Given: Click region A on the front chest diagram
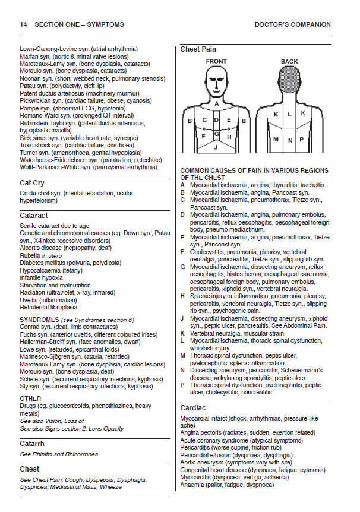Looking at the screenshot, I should (216, 103).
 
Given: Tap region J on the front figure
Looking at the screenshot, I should (216, 146).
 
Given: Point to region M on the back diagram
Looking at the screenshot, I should (276, 140).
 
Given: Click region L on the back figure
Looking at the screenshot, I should (289, 113).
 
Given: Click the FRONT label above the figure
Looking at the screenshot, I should (216, 61).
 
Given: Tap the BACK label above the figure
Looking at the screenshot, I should (289, 61).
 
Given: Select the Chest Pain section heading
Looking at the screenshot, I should (198, 49).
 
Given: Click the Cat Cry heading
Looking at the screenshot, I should (32, 184).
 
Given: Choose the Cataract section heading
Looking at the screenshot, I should (34, 216).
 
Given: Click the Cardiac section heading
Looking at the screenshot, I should (193, 408).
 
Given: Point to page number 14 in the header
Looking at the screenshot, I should (23, 24).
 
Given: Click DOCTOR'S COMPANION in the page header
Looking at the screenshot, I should (292, 24).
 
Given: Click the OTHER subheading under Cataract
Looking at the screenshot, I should (30, 399).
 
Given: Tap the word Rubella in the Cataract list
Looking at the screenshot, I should (30, 255).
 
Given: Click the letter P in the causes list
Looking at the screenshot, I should (183, 385).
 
